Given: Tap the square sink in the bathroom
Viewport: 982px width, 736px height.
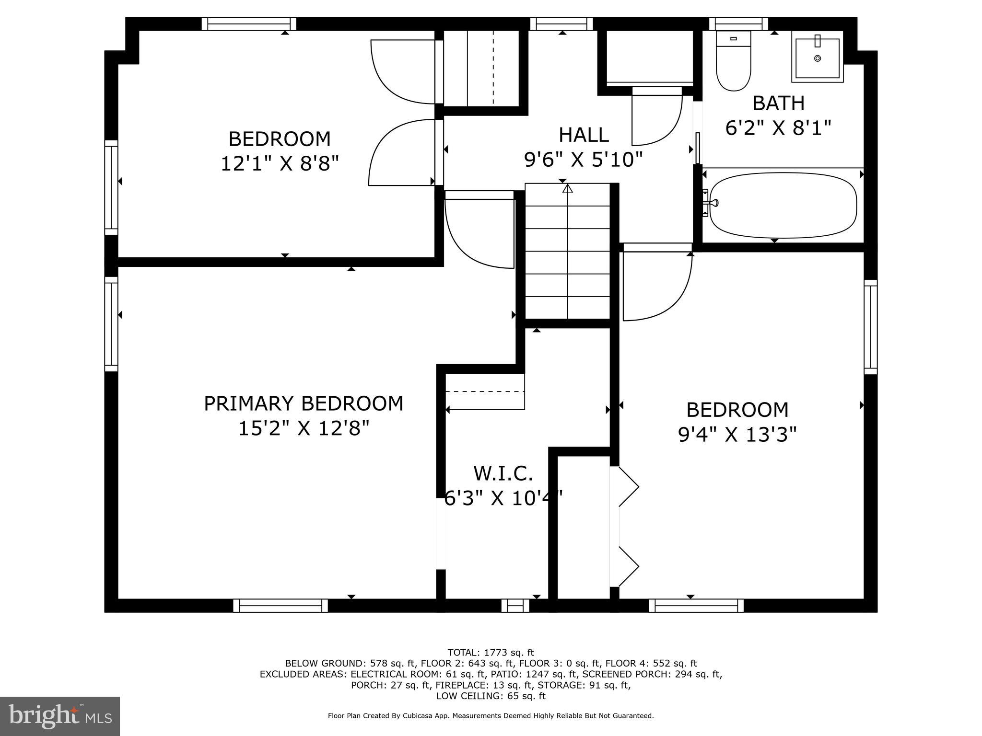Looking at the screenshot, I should click(x=818, y=57).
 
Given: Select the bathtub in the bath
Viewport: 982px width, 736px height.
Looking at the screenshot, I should click(x=783, y=205).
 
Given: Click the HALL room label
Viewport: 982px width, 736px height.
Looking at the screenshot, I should click(x=584, y=135).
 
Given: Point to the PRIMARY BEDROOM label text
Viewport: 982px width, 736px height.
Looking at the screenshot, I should click(x=304, y=403).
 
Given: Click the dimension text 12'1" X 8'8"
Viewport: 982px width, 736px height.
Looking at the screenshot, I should click(x=280, y=164).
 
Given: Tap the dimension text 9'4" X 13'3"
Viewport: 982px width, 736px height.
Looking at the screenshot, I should click(x=737, y=435).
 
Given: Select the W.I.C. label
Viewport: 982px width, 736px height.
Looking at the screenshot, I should click(x=503, y=473).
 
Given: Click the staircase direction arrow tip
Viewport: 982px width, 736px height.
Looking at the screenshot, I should click(x=568, y=188).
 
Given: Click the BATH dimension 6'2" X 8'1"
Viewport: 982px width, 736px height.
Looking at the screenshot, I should click(x=778, y=128).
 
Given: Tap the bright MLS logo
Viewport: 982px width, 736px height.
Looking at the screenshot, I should click(x=60, y=716).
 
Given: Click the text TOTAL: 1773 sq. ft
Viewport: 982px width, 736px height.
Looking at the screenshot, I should click(x=491, y=652).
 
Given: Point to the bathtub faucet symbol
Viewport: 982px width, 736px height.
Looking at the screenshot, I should click(x=710, y=203).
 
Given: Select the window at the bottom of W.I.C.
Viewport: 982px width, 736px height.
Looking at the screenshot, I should click(x=515, y=606).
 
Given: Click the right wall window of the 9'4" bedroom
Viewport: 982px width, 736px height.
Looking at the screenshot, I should click(x=870, y=327).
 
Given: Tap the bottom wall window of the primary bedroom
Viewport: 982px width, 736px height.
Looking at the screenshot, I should click(x=281, y=606).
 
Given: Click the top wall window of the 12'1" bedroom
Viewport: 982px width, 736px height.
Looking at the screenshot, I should click(x=248, y=24).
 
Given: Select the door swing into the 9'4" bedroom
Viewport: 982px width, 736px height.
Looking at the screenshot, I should click(x=657, y=287).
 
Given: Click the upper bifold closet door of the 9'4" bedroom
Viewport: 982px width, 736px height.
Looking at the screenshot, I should click(x=628, y=487).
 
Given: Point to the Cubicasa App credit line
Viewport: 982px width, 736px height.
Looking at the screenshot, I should click(x=491, y=716).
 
